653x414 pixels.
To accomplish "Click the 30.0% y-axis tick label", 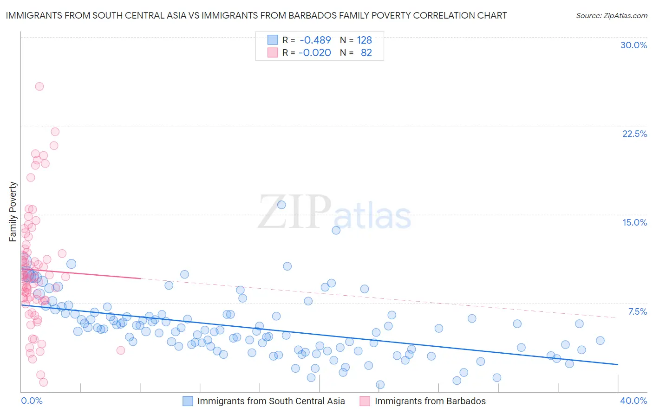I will (x=633, y=45).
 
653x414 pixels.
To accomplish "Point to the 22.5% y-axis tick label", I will (x=634, y=134).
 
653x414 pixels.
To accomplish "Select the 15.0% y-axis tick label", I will (x=634, y=222).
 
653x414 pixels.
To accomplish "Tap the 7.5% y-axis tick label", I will (x=637, y=311).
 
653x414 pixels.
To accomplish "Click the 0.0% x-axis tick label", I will (x=32, y=401).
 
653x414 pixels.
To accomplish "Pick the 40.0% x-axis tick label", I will (x=633, y=401).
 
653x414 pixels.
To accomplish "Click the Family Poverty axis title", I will (x=13, y=212).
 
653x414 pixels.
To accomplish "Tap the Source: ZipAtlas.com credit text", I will (x=611, y=15).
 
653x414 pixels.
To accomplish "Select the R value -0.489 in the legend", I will (x=315, y=40).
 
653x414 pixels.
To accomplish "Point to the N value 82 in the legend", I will (x=366, y=52).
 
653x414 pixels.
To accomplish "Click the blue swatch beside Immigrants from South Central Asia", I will (x=188, y=401).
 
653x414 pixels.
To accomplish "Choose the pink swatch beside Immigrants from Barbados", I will (x=365, y=401).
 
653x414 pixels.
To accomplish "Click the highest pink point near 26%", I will (x=39, y=86).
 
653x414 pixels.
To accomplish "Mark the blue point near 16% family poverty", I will (x=281, y=205).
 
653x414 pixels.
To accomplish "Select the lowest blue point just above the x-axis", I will (x=380, y=384).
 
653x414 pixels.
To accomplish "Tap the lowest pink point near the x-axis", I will (x=44, y=382).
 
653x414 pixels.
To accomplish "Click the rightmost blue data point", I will (x=600, y=340).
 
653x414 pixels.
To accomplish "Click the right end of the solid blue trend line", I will (x=618, y=364).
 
